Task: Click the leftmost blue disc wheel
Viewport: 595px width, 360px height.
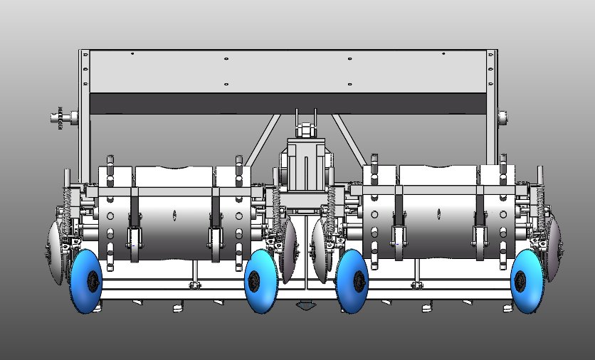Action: click(86, 282)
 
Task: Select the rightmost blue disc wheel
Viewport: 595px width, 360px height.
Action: click(529, 281)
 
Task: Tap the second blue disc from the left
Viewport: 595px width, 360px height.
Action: click(260, 281)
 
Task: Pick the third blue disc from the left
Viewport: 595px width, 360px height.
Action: click(352, 281)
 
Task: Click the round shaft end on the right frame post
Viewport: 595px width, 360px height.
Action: click(503, 117)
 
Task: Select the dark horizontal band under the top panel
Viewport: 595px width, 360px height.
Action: click(285, 104)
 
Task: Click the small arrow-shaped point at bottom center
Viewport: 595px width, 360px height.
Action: click(305, 306)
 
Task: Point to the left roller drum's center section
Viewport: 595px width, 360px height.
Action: click(174, 213)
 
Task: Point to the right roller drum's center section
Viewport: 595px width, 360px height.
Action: click(438, 213)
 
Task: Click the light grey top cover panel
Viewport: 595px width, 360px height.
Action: click(285, 71)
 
